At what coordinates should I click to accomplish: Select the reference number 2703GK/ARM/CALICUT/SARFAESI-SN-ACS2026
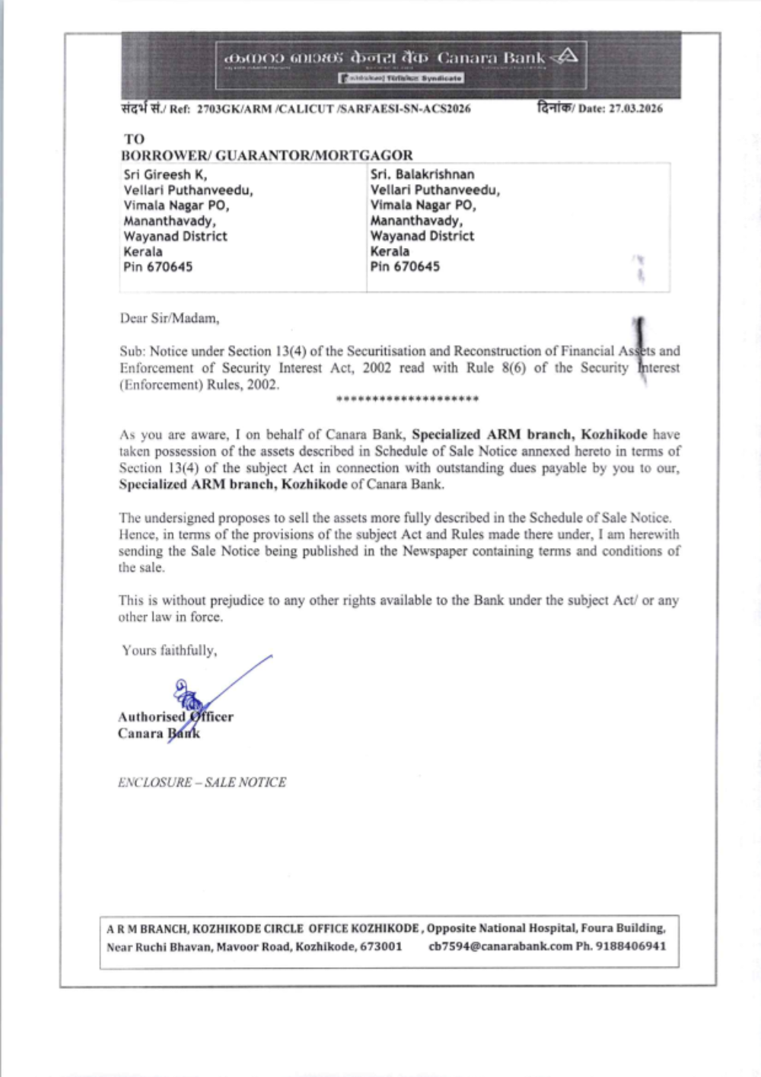point(333,109)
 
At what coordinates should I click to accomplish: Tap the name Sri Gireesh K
point(165,174)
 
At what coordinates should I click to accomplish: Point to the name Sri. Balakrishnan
point(422,174)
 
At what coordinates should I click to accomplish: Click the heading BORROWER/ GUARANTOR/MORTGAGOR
point(266,155)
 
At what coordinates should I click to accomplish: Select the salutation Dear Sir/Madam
point(169,318)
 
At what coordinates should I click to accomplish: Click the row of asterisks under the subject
point(407,400)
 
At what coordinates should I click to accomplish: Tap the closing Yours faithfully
point(169,651)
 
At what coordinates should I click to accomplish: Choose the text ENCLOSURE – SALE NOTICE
point(202,782)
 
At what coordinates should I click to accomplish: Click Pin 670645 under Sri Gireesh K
point(158,267)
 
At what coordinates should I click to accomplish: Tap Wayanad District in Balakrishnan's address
point(422,236)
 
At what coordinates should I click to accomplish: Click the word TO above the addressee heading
point(134,139)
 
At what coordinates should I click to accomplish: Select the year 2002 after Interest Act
point(377,368)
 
